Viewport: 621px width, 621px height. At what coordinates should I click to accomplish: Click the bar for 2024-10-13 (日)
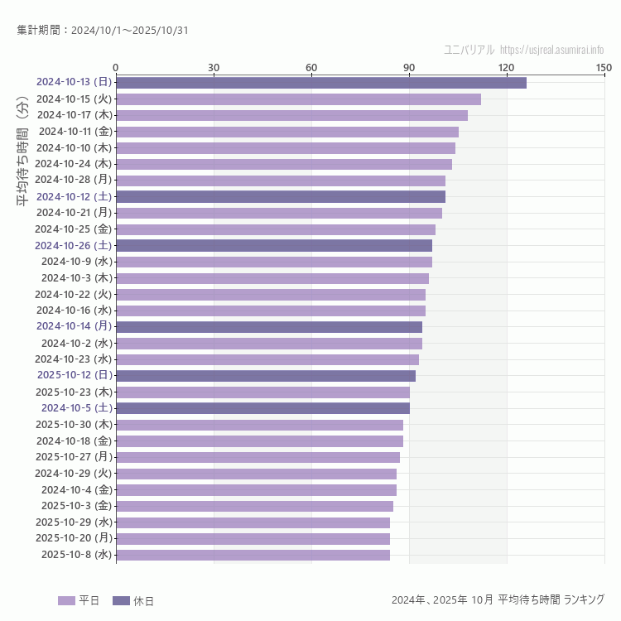pos(320,82)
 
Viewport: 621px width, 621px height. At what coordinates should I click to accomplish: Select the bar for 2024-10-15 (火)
pos(298,99)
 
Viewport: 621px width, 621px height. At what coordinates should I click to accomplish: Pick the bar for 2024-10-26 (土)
pos(273,245)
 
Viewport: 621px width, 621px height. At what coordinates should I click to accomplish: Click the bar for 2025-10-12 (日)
pos(265,375)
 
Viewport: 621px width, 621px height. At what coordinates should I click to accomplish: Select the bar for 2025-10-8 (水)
pos(253,555)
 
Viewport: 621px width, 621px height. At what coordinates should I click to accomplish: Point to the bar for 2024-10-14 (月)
pos(268,326)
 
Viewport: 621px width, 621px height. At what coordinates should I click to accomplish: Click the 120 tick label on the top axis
pos(507,67)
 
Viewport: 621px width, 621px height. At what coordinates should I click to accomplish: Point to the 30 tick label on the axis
pos(214,67)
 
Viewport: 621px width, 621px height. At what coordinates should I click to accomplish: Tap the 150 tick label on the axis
pos(604,67)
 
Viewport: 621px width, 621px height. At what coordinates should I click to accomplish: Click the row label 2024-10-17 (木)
pos(75,115)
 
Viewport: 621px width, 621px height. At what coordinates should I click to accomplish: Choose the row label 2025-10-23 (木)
pos(74,392)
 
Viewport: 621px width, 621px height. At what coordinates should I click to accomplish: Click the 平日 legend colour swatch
pos(66,600)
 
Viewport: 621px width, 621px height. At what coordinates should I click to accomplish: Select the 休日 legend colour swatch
pos(121,600)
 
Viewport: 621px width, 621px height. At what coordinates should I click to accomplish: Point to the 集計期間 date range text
pos(102,31)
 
